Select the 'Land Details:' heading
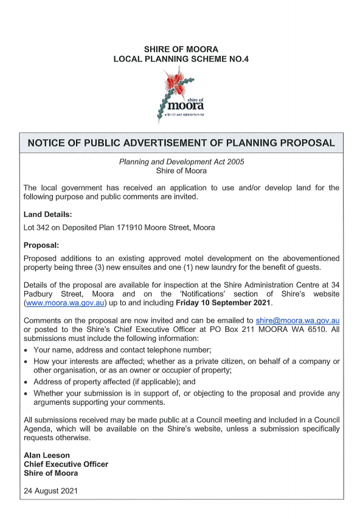pos(47,215)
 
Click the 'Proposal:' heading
pos(41,246)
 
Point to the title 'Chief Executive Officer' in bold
pos(66,464)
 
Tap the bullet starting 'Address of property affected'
pos(111,382)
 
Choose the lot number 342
pos(44,227)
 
